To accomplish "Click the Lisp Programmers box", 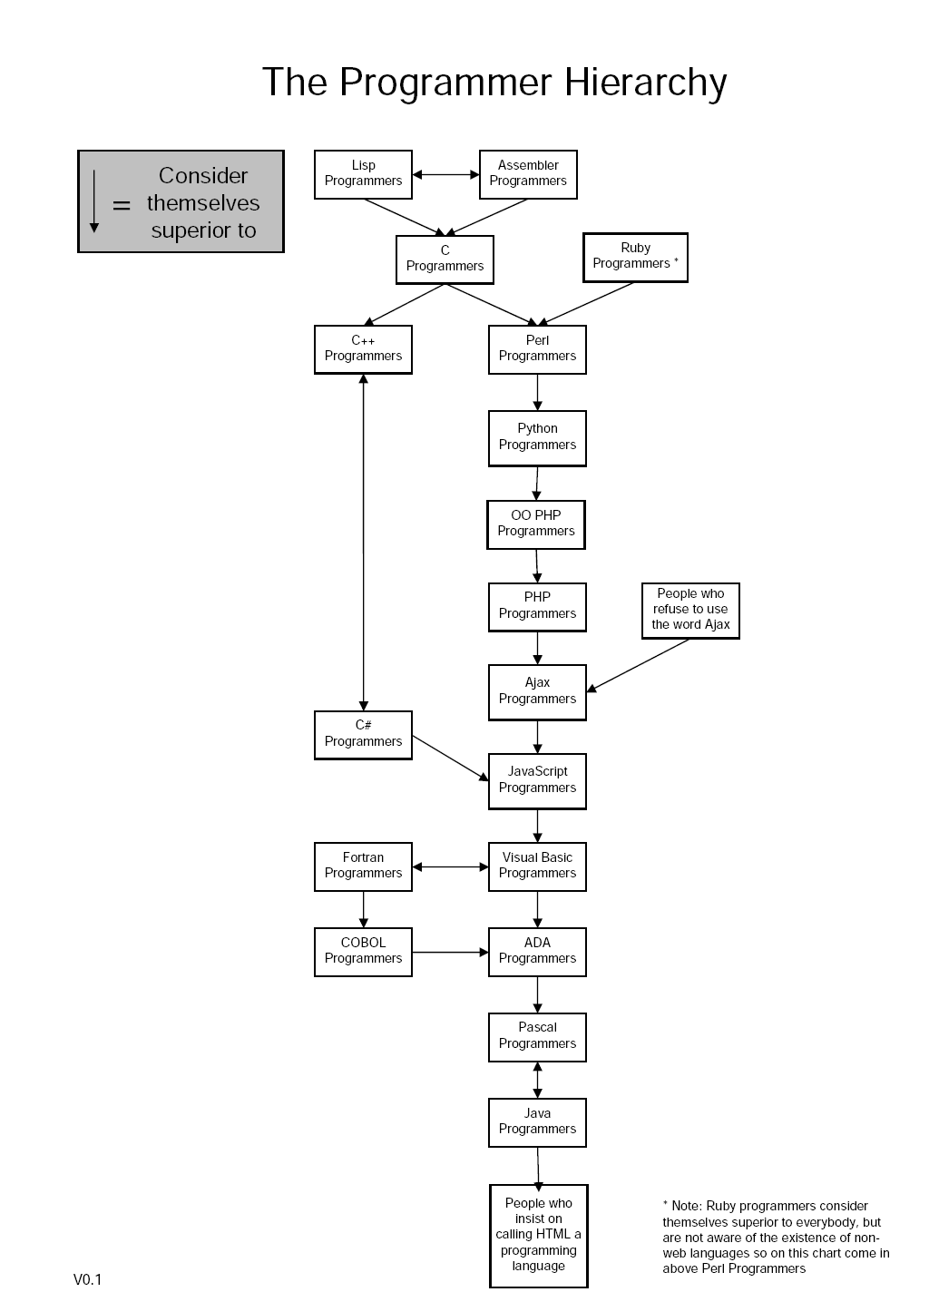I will pos(363,174).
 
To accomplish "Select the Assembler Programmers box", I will pos(528,174).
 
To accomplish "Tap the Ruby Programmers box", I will pos(635,257).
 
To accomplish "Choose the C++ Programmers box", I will pos(363,349).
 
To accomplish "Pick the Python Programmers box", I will pos(537,438).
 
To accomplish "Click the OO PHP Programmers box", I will pos(536,524).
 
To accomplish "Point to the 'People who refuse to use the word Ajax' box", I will pos(690,611).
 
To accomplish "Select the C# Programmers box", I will pos(363,735).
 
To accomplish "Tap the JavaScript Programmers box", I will pos(537,781).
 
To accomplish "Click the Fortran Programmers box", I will pos(363,866).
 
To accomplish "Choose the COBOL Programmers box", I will pos(363,952).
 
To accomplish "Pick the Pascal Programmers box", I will pos(537,1037).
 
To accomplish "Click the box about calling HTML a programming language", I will pos(539,1235).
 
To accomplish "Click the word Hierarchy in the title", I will pos(645,83).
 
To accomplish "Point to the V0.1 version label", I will pos(88,1279).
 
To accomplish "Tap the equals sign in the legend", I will pos(122,206).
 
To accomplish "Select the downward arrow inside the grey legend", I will pos(94,201).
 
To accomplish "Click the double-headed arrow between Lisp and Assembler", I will pos(445,174).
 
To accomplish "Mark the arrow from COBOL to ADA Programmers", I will pos(450,952).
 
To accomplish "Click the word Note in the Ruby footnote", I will pos(686,1206).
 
